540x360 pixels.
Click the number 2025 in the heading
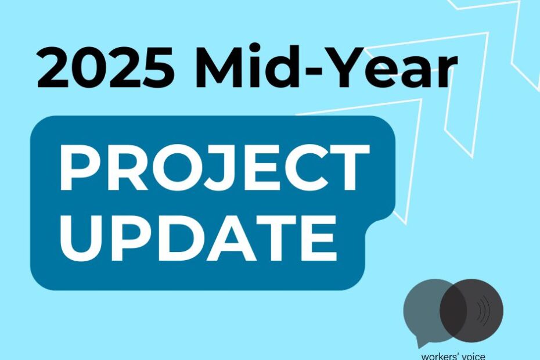pos(106,67)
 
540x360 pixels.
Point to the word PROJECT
pos(215,167)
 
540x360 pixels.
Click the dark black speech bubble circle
pos(471,311)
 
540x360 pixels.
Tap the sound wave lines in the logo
pos(484,311)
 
